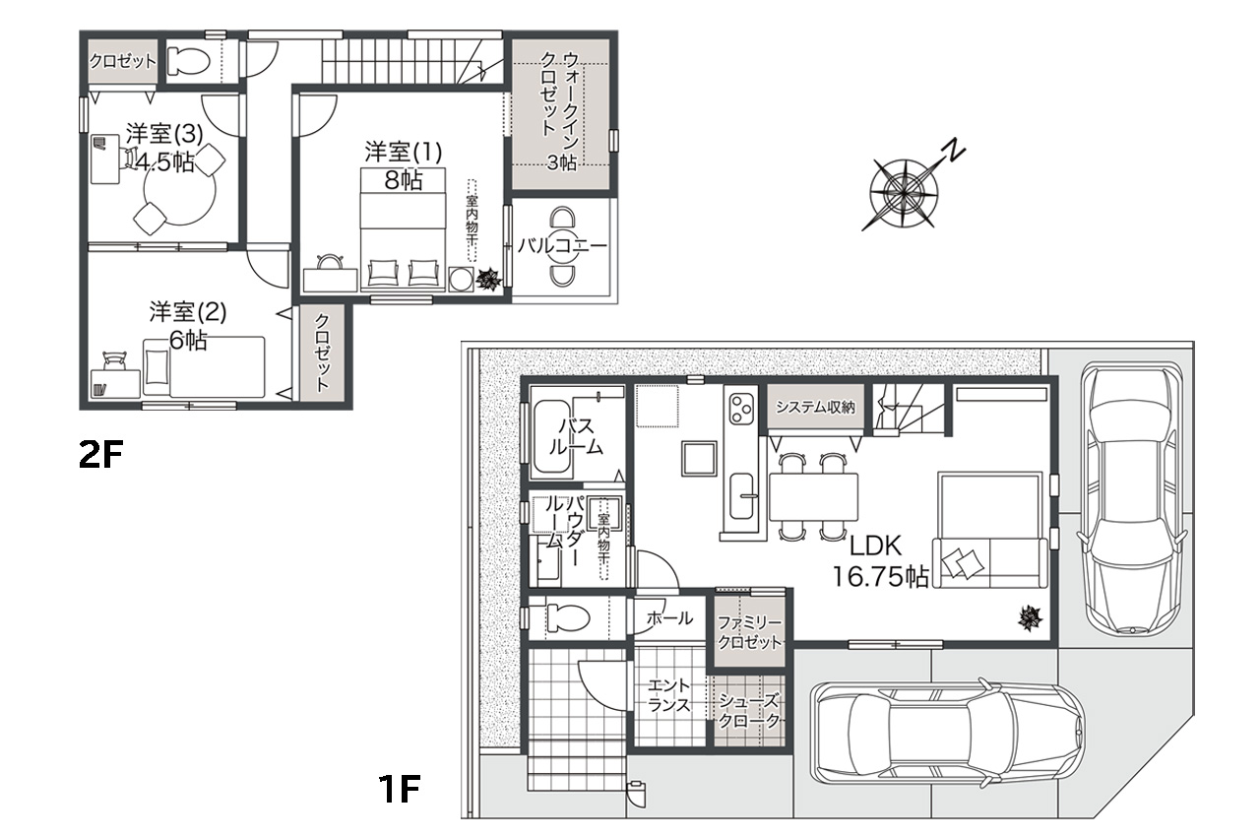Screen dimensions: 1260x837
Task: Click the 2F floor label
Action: click(x=100, y=455)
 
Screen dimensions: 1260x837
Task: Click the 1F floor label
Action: click(x=400, y=789)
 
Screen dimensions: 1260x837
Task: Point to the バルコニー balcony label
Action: click(x=562, y=246)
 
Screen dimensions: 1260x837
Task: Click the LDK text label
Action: click(x=875, y=546)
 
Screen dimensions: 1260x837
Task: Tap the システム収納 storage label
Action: click(x=815, y=407)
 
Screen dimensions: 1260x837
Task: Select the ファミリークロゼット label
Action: click(x=750, y=633)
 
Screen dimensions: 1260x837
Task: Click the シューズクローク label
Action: click(x=749, y=711)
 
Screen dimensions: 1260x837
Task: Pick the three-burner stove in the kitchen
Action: click(x=741, y=409)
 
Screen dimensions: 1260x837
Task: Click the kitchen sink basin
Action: click(x=742, y=496)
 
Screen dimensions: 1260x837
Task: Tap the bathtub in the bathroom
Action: click(x=552, y=436)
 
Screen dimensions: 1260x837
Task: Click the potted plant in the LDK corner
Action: click(x=1030, y=617)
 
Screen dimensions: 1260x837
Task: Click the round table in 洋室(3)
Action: click(x=180, y=190)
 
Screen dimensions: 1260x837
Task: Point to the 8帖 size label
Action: click(x=404, y=180)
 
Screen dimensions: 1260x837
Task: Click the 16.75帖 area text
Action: click(x=881, y=577)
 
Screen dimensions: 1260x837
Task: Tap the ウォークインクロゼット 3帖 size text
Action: click(x=562, y=162)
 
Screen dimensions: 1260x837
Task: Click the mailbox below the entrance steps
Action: click(x=636, y=794)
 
